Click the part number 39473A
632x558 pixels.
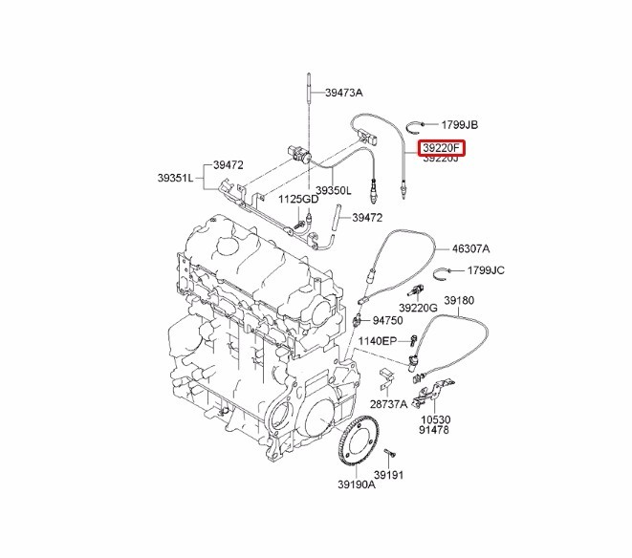coord(344,93)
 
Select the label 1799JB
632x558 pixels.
coord(459,125)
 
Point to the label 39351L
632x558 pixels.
coord(175,178)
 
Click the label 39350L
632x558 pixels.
coord(334,190)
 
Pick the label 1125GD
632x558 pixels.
coord(298,200)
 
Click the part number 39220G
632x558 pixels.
coord(418,308)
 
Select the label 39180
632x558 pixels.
coord(458,300)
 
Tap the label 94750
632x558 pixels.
coord(389,320)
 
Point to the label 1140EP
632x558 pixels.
coord(377,340)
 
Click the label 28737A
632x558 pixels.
coord(389,404)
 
